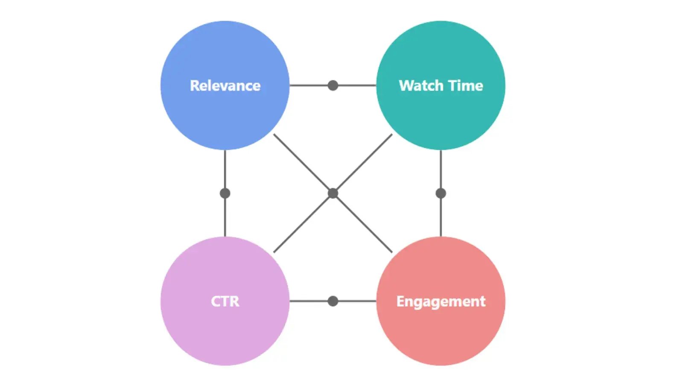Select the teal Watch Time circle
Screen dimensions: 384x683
point(441,115)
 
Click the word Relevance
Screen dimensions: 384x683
point(225,86)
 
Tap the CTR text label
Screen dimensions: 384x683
point(225,302)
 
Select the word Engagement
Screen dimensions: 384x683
point(441,302)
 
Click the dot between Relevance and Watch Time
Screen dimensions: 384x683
point(333,85)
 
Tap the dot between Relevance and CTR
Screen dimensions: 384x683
point(225,193)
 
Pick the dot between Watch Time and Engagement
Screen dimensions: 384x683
point(441,193)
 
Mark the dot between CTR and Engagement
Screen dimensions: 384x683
point(333,301)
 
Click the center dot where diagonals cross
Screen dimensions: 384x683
point(333,193)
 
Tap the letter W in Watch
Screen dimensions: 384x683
point(406,86)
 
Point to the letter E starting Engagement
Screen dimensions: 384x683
point(401,302)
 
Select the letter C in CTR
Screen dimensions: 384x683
point(216,302)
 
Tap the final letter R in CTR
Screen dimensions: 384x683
point(234,302)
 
